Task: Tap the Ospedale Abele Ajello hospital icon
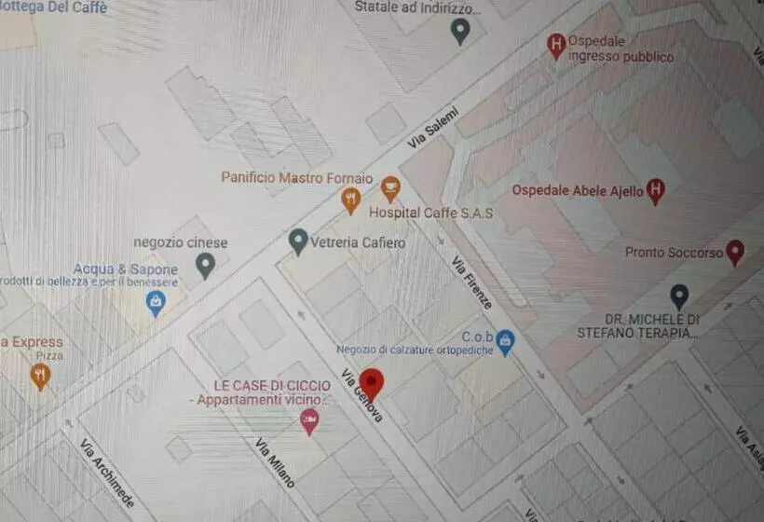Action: [x=656, y=191]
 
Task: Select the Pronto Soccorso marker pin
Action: [x=735, y=251]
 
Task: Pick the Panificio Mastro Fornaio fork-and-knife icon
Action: [x=350, y=199]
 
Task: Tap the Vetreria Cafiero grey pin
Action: [x=298, y=241]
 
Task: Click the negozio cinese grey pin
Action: [x=206, y=266]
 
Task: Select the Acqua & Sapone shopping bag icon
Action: [x=156, y=301]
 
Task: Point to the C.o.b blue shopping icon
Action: [x=505, y=341]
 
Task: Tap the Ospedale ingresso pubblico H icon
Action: [x=556, y=45]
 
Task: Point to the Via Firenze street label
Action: [x=471, y=282]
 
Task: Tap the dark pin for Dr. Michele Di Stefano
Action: [x=679, y=296]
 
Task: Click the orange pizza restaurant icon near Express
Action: [x=40, y=376]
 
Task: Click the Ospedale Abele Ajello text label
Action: [x=578, y=191]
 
